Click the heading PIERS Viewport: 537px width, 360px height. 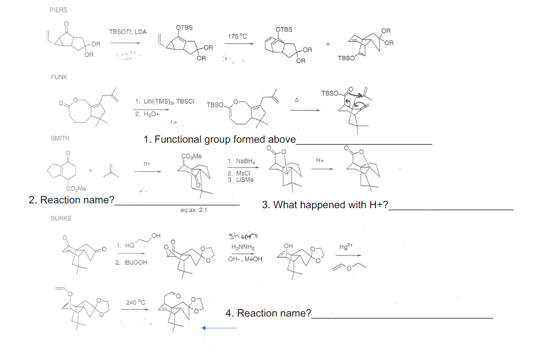[x=58, y=10]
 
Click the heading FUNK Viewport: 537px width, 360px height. [x=59, y=77]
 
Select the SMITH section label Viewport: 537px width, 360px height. [x=60, y=138]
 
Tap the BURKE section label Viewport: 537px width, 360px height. [x=61, y=218]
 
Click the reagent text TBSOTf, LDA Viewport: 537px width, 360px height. [x=128, y=32]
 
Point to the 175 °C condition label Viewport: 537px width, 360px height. [x=237, y=36]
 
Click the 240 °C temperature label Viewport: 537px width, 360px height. [x=136, y=303]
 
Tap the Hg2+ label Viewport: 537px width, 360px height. [x=346, y=247]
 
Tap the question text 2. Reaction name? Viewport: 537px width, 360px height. [x=72, y=201]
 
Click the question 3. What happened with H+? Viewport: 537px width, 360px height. [x=326, y=205]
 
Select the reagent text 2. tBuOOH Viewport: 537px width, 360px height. [x=130, y=263]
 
